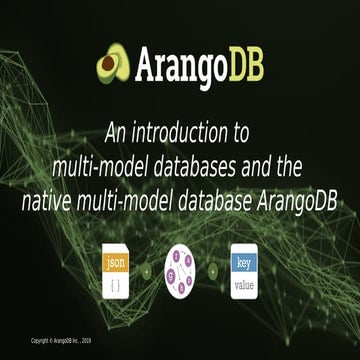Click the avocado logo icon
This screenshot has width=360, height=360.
coord(112,65)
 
